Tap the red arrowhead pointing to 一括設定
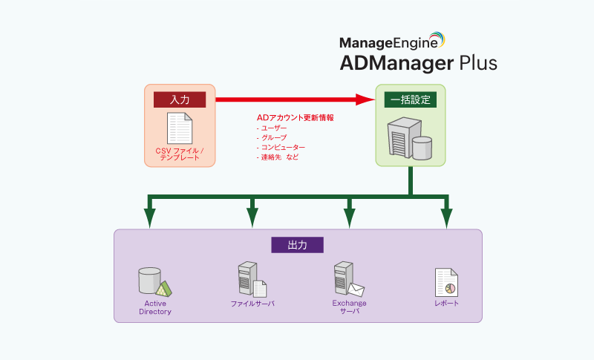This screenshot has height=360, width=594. point(365,99)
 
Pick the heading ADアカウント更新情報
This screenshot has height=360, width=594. point(295,118)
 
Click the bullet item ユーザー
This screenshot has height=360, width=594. point(272,128)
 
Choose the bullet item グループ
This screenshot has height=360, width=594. point(272,138)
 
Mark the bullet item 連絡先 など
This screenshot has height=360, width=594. point(278,157)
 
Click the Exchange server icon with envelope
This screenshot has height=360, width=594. point(347,279)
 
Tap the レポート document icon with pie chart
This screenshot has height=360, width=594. point(446,282)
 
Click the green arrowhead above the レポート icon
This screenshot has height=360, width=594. point(446,217)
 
